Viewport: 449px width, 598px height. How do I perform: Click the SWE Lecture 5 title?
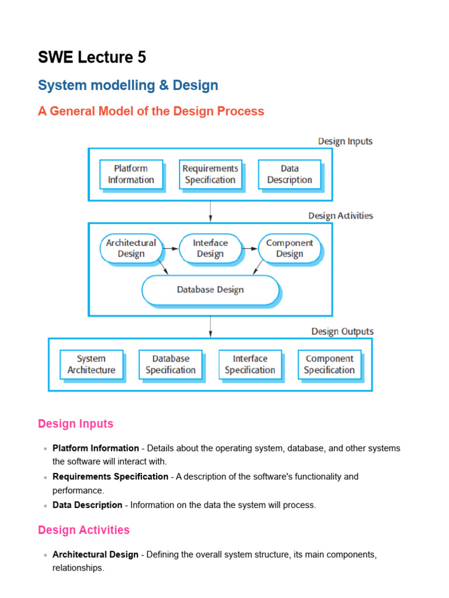pos(92,57)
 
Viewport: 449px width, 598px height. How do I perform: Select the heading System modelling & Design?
pos(128,85)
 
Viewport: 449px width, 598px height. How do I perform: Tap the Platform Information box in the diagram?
pos(131,174)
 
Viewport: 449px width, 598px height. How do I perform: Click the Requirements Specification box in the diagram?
pos(210,174)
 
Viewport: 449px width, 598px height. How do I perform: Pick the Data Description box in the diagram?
pos(289,174)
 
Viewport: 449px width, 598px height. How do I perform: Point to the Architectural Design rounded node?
pos(131,248)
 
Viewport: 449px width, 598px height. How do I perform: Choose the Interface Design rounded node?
pos(210,248)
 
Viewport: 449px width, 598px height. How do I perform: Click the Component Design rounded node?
pos(289,248)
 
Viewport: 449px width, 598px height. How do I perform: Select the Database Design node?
pos(210,290)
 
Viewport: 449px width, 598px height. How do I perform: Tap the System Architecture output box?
pos(91,364)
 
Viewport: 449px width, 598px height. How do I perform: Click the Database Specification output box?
pos(171,364)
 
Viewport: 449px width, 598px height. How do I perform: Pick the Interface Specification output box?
pos(250,364)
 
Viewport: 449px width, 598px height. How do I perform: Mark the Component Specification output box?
pos(329,364)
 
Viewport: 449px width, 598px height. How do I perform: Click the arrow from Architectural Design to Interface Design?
pos(170,248)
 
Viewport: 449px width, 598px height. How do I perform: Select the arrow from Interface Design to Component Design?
pos(250,248)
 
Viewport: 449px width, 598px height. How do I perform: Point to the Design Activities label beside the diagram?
pos(340,215)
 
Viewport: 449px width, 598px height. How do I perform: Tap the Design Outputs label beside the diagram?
pos(342,331)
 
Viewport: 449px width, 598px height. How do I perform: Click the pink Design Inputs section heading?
pos(75,424)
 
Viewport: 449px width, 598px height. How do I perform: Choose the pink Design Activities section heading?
pos(84,530)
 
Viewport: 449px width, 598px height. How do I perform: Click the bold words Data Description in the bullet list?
pos(88,505)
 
